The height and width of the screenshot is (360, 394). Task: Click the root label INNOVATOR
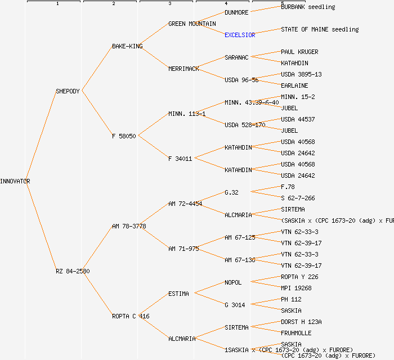15,181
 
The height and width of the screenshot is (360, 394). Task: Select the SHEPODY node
68,91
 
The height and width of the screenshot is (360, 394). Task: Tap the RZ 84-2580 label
73,271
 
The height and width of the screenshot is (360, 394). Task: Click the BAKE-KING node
127,46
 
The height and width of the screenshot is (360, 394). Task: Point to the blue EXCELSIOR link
240,35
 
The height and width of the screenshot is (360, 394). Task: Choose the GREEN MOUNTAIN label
192,24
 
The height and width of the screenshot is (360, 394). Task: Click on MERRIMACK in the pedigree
183,69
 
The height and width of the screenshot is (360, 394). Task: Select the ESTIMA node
178,294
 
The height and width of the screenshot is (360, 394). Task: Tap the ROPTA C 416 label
131,316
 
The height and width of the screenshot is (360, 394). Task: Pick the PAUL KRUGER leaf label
299,52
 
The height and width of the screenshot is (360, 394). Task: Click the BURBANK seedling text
308,7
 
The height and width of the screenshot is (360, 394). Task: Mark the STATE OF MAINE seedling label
320,29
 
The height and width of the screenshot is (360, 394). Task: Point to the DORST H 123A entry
301,322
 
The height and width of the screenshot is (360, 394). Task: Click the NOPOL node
233,282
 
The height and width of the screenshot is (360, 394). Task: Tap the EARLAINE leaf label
294,85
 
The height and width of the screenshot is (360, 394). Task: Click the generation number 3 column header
169,4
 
